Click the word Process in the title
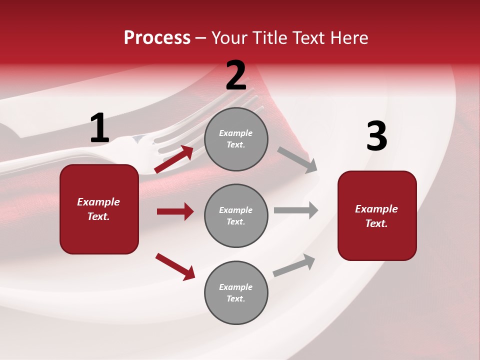[157, 38]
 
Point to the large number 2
[236, 75]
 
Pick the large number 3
[376, 136]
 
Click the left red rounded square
[99, 209]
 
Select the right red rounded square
[377, 215]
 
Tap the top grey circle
[236, 139]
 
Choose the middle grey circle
[236, 215]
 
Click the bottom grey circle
[236, 292]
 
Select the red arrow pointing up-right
[174, 159]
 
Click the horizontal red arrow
[175, 211]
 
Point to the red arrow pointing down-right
[175, 266]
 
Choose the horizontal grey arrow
[296, 210]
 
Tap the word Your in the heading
[228, 38]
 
